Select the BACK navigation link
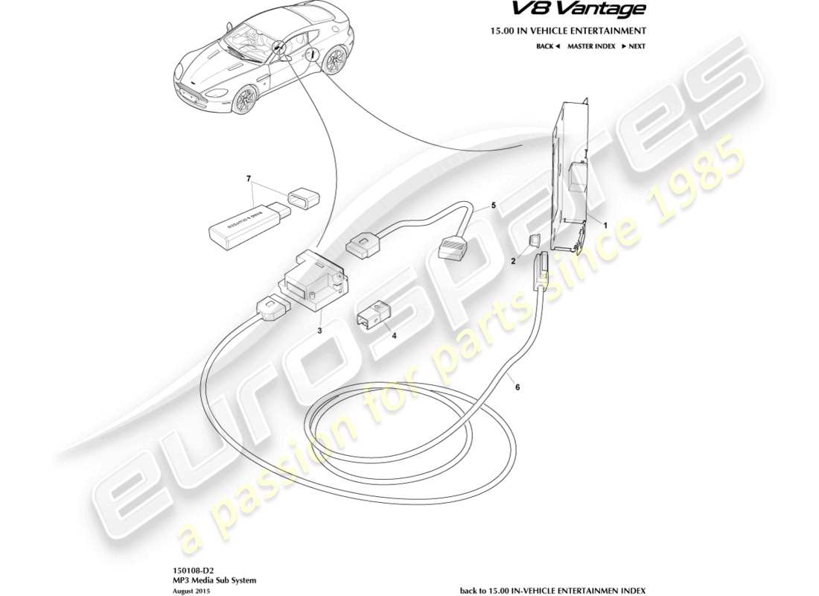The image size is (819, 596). click(x=547, y=46)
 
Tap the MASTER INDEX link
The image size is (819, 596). click(x=591, y=46)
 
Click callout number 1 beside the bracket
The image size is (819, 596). click(x=605, y=224)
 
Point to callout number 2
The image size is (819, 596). click(x=512, y=261)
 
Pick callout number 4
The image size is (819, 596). click(x=395, y=335)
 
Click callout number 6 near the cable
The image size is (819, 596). click(x=518, y=386)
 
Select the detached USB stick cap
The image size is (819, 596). click(x=302, y=199)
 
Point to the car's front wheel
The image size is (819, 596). click(x=243, y=101)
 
